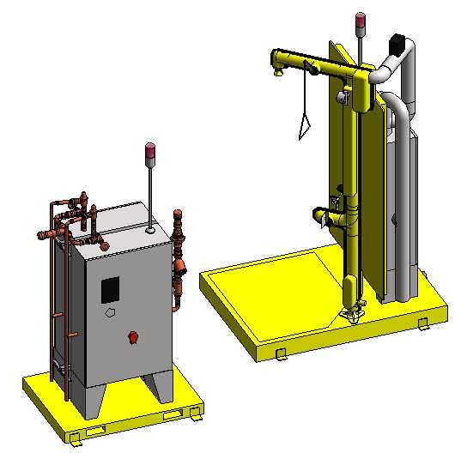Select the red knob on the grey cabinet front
click(132, 335)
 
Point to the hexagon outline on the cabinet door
click(111, 314)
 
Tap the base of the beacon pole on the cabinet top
click(150, 229)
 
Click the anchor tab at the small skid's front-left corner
click(76, 438)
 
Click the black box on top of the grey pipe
click(397, 42)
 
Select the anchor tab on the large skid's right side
click(423, 323)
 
